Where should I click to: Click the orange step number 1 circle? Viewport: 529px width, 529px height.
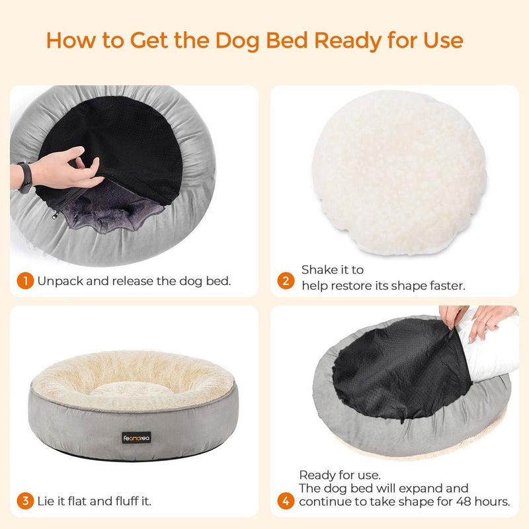[x=24, y=281]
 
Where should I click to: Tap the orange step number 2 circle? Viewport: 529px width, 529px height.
[x=286, y=281]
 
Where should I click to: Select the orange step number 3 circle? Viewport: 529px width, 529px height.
[x=24, y=501]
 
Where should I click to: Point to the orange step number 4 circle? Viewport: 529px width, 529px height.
[x=286, y=501]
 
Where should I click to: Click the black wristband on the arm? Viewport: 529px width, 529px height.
[x=25, y=177]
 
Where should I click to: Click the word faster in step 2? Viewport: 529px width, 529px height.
[x=447, y=286]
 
